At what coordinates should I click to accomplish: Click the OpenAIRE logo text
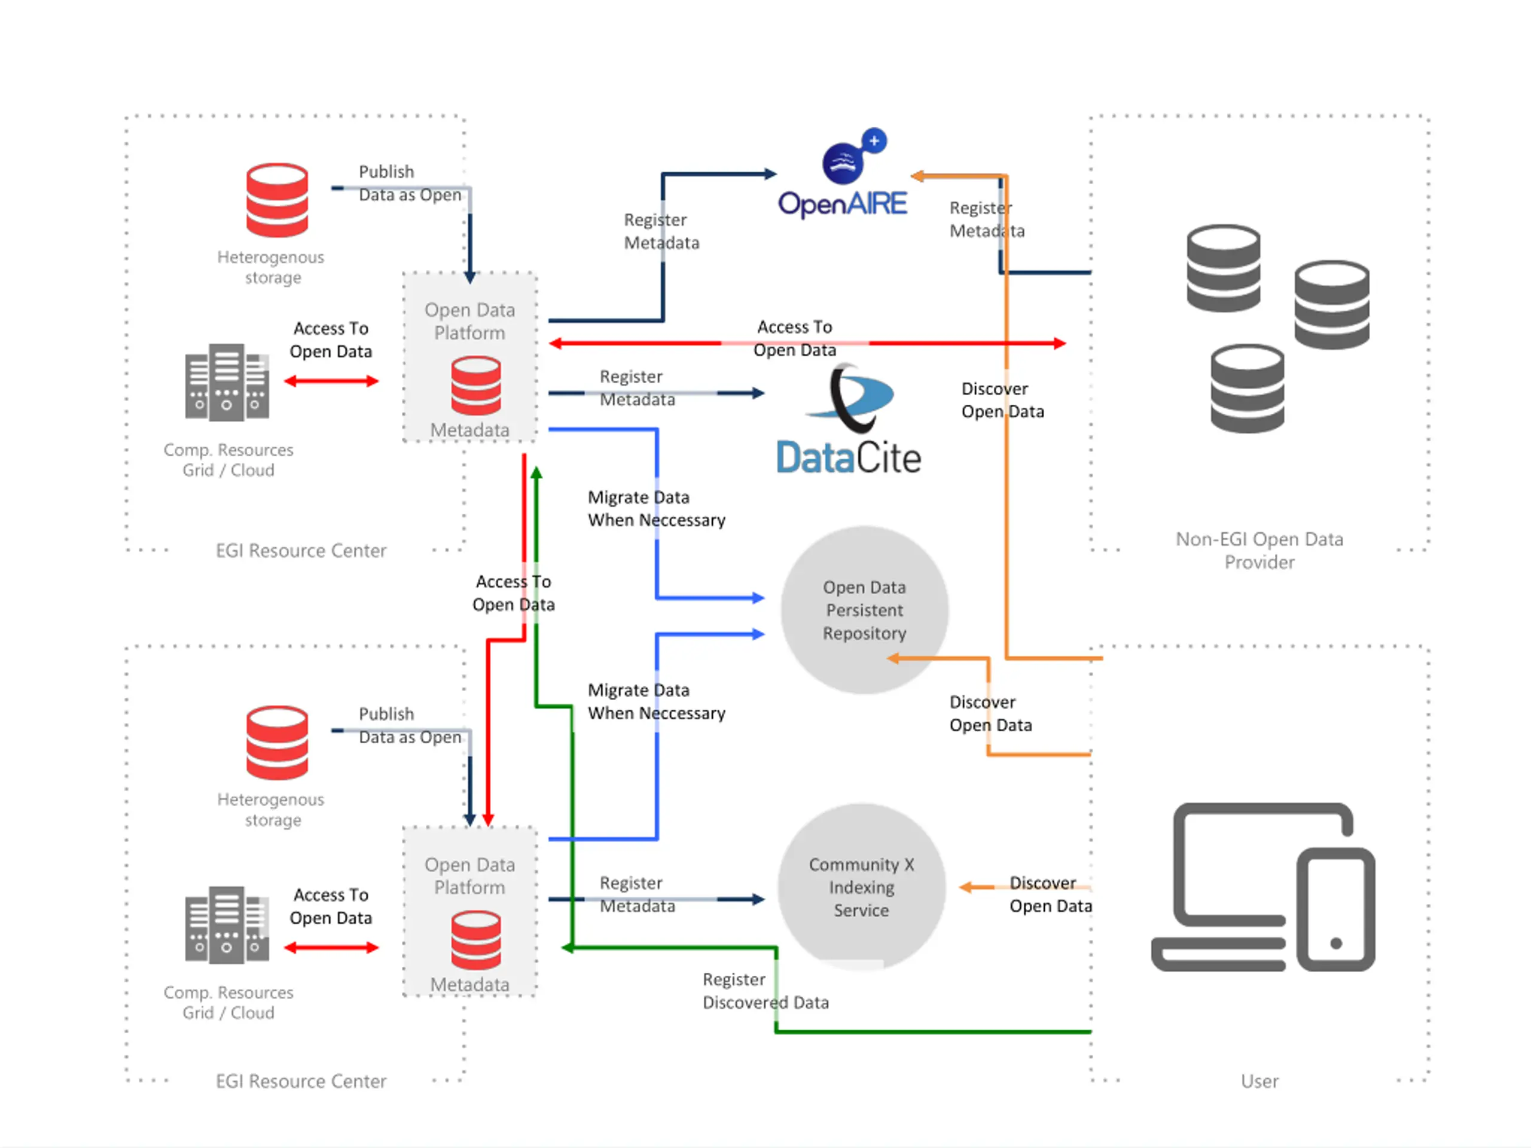click(x=842, y=204)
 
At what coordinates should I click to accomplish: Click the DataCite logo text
click(x=849, y=457)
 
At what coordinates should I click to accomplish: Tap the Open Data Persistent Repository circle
click(x=864, y=610)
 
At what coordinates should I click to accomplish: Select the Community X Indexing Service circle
click(x=862, y=887)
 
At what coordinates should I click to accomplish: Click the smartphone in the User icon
click(x=1336, y=909)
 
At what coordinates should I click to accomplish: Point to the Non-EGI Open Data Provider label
click(x=1259, y=550)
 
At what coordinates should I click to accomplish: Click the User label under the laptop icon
click(x=1259, y=1081)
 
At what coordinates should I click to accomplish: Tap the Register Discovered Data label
click(x=765, y=990)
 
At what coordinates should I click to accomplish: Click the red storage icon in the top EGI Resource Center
click(x=277, y=200)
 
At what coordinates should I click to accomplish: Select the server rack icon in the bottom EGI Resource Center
click(x=227, y=924)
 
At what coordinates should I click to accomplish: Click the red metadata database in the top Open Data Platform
click(x=476, y=386)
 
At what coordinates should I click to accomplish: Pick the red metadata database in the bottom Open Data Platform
click(x=476, y=940)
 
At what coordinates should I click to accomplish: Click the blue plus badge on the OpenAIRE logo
click(x=874, y=141)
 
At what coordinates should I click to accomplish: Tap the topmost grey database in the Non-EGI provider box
click(x=1223, y=268)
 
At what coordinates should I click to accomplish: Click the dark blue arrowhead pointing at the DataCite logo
click(x=758, y=393)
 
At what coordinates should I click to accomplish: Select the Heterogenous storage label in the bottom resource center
click(x=271, y=809)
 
